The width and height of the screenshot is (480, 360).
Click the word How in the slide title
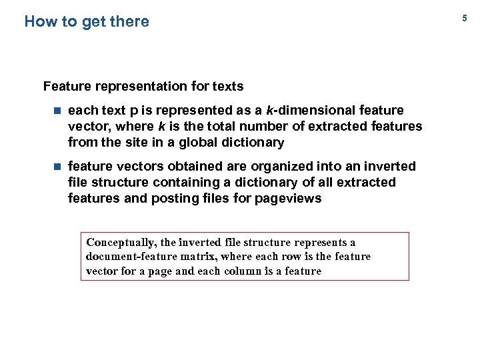[41, 21]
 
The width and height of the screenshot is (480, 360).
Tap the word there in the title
[129, 21]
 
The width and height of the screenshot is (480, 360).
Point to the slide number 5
[465, 19]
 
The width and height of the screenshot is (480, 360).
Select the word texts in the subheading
[227, 86]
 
